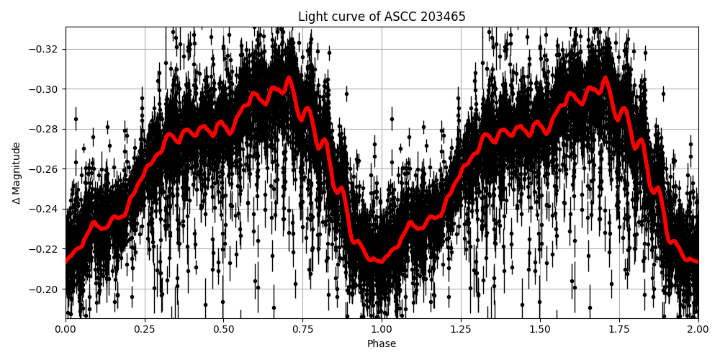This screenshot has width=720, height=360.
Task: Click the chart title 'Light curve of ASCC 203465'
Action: pyautogui.click(x=382, y=17)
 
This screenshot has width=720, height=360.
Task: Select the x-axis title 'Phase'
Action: pyautogui.click(x=382, y=344)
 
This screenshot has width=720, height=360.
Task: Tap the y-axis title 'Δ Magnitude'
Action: pyautogui.click(x=17, y=173)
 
